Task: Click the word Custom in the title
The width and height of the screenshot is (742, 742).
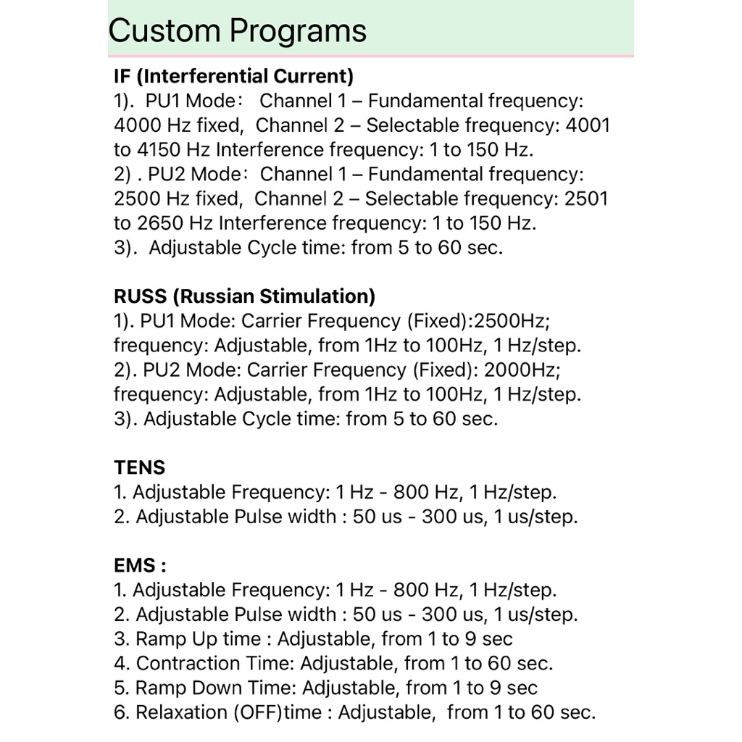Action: [x=164, y=30]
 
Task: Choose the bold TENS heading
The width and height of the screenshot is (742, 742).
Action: [x=140, y=467]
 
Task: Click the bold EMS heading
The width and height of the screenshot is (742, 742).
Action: [x=136, y=565]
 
